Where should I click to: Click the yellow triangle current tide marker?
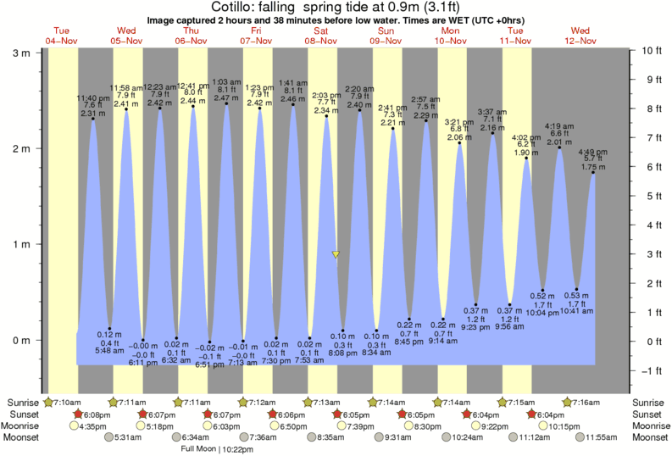tap(336, 254)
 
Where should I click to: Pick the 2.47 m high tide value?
tap(226, 98)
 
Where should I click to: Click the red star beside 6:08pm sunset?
tap(79, 414)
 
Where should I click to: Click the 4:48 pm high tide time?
tap(593, 153)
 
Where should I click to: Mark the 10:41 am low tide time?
tap(577, 313)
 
